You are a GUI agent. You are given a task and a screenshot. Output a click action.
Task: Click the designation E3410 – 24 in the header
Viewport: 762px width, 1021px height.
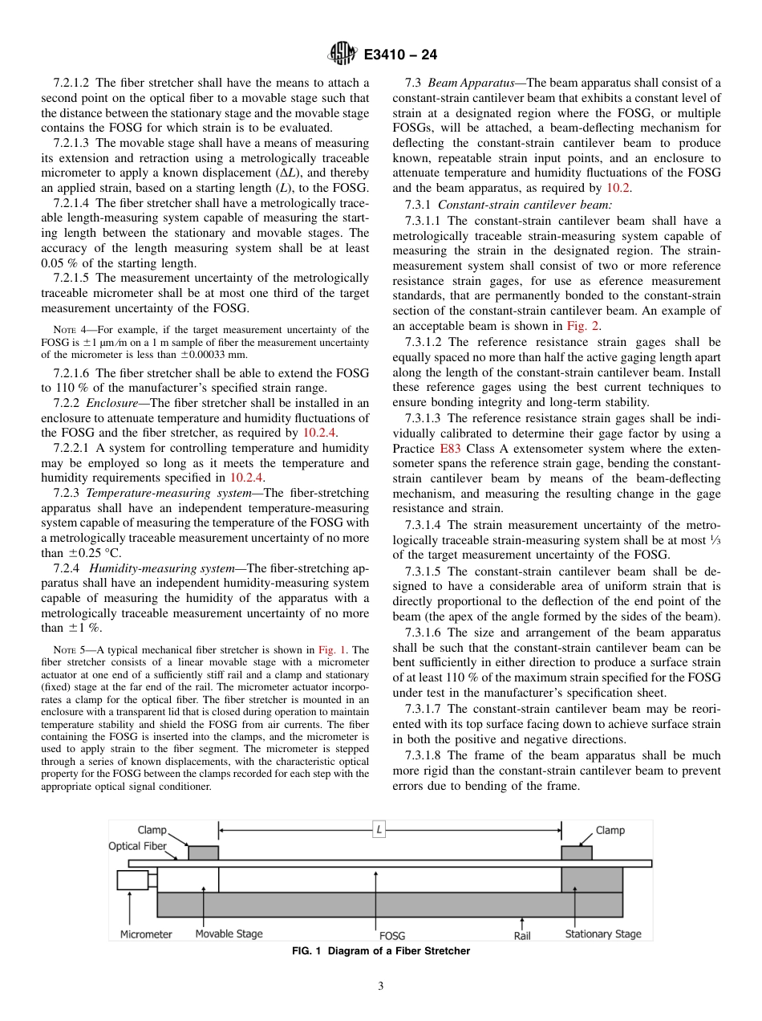(x=399, y=55)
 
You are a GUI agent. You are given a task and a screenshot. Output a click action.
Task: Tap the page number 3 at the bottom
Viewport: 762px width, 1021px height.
(x=381, y=986)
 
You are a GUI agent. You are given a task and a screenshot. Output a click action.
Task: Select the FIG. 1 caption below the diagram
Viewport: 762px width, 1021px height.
(x=380, y=951)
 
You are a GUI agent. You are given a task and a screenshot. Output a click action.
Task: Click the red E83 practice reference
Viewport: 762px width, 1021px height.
(x=450, y=449)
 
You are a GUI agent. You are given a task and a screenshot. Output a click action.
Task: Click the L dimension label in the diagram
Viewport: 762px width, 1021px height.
(x=379, y=831)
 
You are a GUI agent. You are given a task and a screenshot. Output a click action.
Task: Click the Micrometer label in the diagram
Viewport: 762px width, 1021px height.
(x=146, y=934)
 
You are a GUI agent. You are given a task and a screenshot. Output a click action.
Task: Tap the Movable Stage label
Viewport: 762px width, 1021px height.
(x=229, y=934)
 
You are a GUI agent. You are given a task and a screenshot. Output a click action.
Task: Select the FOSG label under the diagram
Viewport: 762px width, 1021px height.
(x=391, y=935)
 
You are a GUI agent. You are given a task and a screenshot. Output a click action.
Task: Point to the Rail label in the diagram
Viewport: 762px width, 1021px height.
(x=522, y=935)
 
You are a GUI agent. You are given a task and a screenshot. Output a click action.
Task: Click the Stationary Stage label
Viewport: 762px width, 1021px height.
(x=602, y=934)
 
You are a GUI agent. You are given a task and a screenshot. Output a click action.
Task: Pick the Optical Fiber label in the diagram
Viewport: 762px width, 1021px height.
(x=137, y=846)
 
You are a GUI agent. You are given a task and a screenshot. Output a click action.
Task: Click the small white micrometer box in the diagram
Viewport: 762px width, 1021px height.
(x=132, y=880)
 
